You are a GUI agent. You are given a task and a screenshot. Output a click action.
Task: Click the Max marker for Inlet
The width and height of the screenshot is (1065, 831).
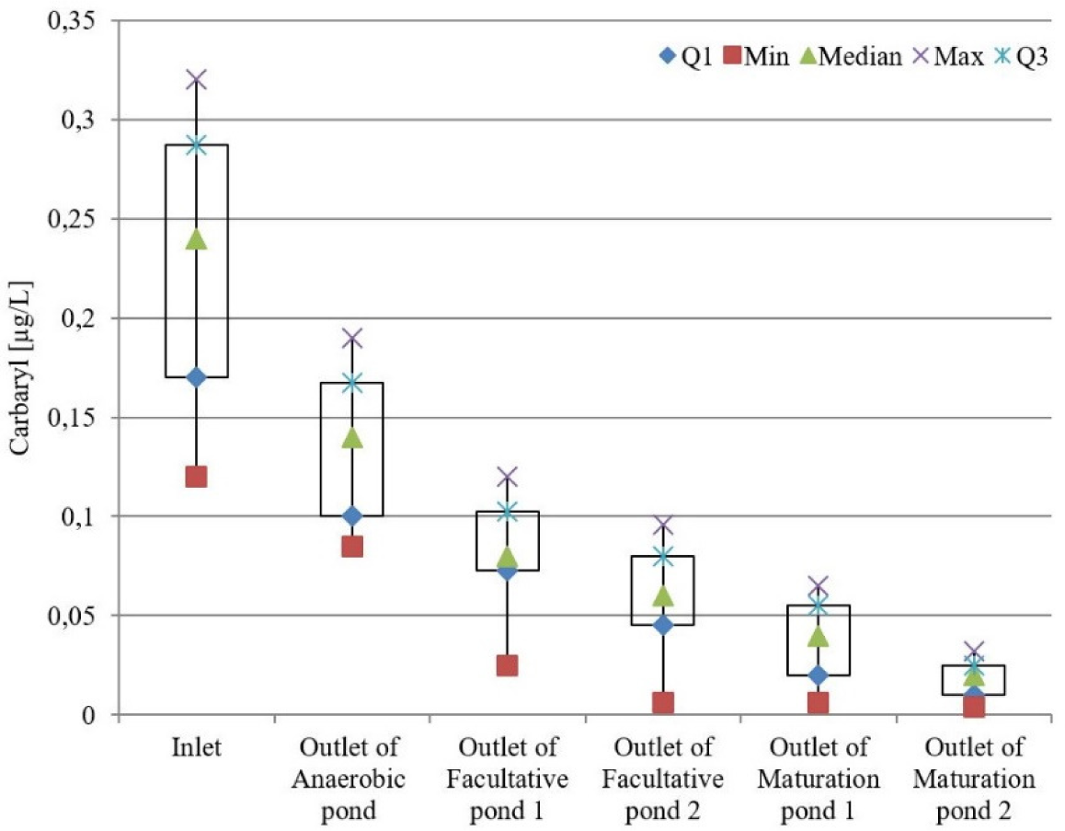point(196,79)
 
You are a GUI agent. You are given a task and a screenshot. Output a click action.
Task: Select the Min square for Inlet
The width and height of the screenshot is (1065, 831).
point(196,477)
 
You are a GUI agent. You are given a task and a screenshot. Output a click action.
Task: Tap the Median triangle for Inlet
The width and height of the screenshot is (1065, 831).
point(196,239)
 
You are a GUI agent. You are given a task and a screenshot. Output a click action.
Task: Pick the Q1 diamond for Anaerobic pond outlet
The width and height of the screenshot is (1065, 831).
point(351,515)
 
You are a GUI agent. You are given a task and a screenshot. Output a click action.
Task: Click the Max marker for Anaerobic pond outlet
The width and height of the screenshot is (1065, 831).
point(351,339)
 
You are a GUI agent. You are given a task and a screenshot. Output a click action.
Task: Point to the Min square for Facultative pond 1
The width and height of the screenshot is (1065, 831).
point(508,665)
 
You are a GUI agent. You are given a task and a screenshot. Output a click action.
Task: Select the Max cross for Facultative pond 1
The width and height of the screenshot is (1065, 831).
point(508,477)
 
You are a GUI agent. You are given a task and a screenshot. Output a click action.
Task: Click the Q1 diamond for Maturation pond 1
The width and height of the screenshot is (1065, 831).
point(819,675)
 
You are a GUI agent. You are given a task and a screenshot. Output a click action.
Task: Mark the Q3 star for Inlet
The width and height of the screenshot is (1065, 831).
point(196,144)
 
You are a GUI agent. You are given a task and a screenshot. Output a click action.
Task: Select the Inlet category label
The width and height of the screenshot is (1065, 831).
point(196,748)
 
